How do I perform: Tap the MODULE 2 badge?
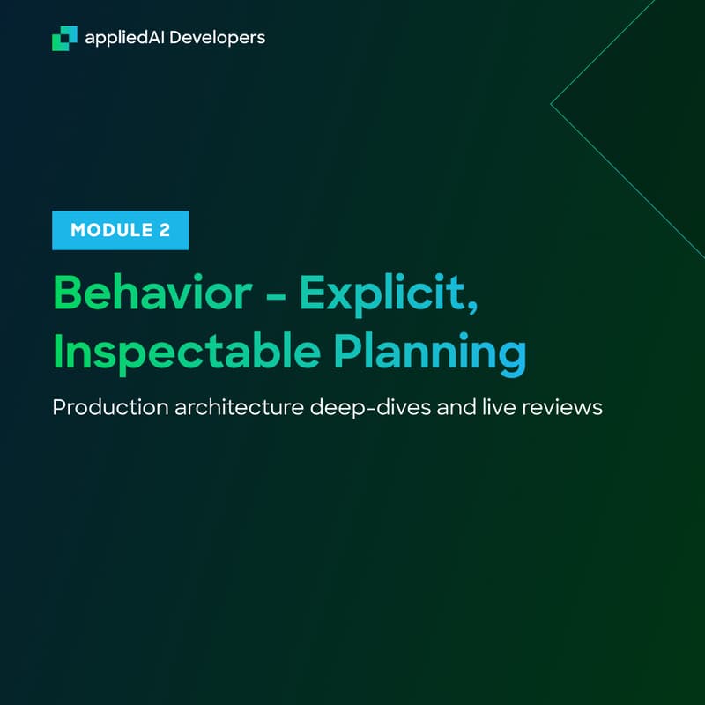tap(120, 231)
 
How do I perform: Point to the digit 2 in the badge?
tap(165, 231)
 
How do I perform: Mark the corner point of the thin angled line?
tap(551, 104)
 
